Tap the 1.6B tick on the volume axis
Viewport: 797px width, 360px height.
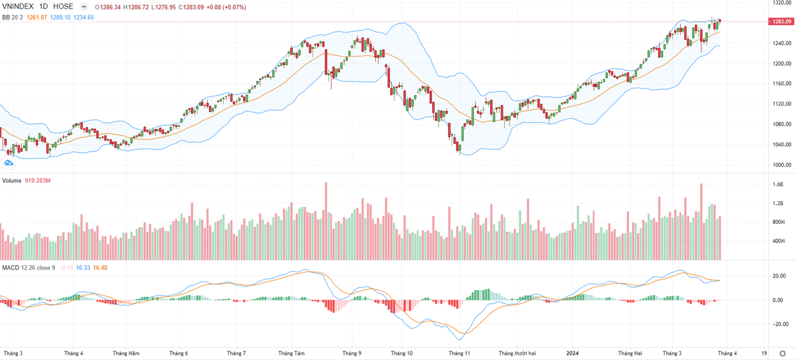[778, 185]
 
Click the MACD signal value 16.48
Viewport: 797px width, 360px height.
[100, 267]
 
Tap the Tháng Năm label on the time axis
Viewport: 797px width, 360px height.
[126, 353]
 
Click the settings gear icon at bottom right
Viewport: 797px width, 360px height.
[784, 353]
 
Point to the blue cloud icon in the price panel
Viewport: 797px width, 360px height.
[9, 161]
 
